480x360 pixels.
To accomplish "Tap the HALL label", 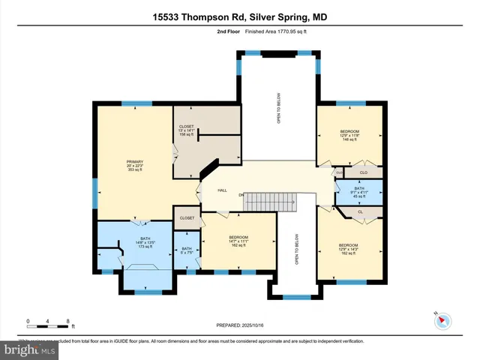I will (x=222, y=190).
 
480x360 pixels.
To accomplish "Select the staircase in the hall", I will (x=284, y=202).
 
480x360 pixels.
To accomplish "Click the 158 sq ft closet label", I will (x=186, y=131).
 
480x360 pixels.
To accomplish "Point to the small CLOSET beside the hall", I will (x=186, y=218).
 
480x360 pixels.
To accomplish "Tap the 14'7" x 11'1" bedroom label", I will (x=238, y=241).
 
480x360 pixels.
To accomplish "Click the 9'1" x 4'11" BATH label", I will (x=359, y=192).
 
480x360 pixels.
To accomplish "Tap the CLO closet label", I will (x=363, y=172).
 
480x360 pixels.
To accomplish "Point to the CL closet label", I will (x=360, y=212).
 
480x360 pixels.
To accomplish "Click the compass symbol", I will (x=442, y=320).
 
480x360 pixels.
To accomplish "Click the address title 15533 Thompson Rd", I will (x=239, y=16).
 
